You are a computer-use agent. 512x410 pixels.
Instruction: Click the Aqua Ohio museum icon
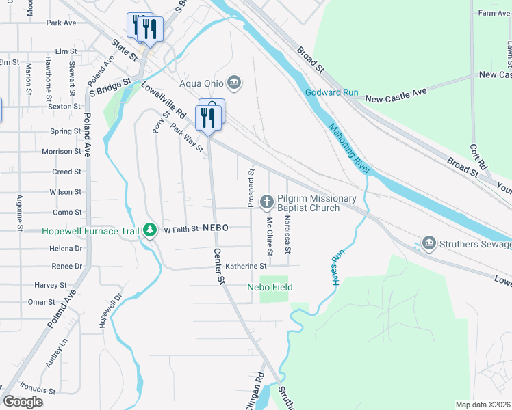click(x=234, y=83)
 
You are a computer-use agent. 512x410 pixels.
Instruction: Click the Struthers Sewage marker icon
click(x=429, y=243)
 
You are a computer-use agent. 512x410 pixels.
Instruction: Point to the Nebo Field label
click(x=270, y=288)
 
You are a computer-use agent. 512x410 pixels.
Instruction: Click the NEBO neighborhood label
click(x=215, y=228)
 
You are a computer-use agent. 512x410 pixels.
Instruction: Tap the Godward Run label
click(x=331, y=92)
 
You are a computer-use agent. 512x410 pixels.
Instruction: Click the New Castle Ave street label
click(x=396, y=100)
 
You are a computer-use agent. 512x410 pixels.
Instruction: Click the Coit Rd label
click(x=473, y=153)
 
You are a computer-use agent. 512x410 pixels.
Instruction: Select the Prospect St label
click(x=251, y=189)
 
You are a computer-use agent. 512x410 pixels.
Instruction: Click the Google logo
click(x=23, y=402)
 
